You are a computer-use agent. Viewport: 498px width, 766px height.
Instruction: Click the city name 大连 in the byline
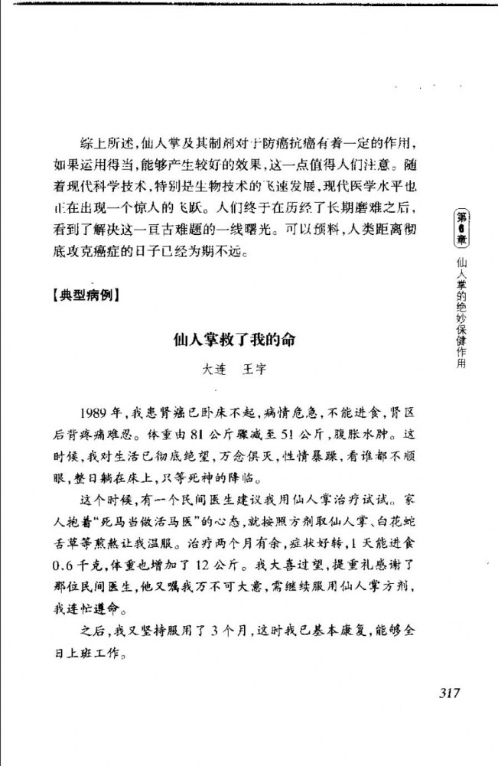(213, 368)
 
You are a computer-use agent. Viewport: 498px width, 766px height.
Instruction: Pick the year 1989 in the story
(94, 414)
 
